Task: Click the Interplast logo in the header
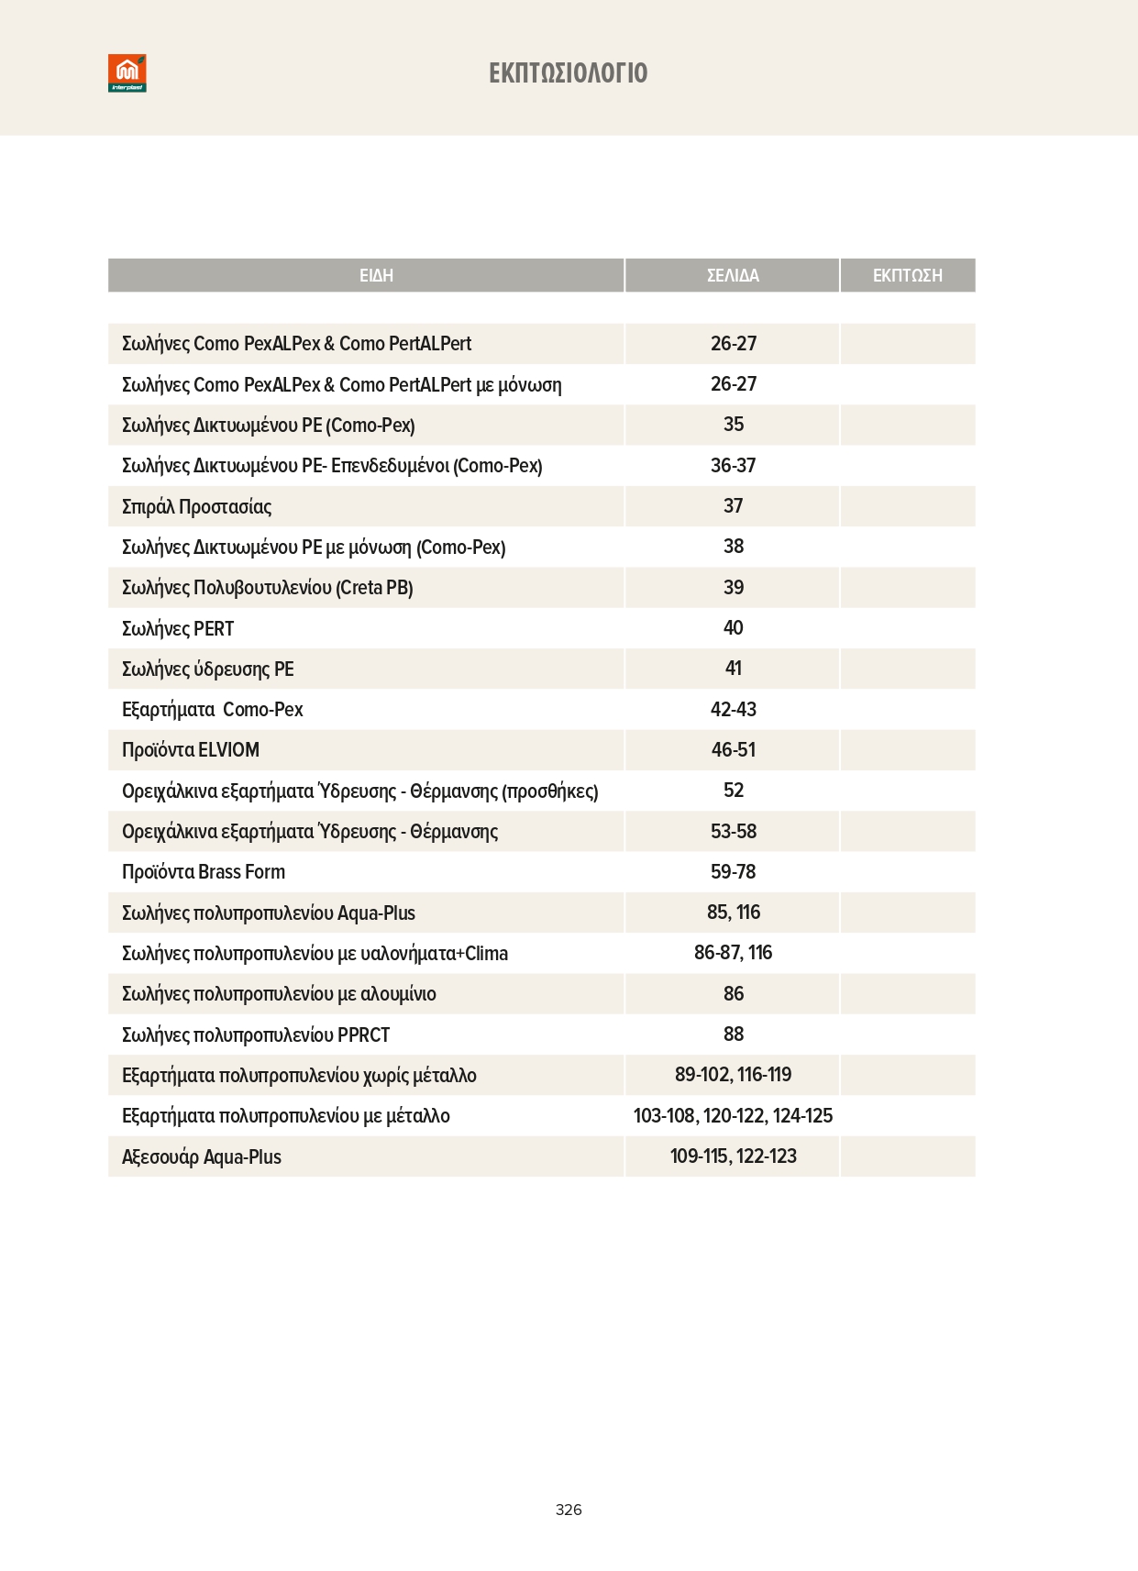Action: coord(127,73)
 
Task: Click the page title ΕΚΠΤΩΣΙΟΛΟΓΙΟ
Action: coord(569,73)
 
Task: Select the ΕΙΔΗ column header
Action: coord(376,275)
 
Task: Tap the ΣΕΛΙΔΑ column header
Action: coord(733,275)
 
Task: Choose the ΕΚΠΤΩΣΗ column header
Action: coord(907,275)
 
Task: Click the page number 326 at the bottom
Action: coord(569,1510)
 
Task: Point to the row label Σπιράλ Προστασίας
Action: coord(196,506)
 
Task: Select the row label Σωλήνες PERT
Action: coord(178,628)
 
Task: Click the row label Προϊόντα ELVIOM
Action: coord(191,750)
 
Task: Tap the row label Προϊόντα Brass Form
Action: coord(204,872)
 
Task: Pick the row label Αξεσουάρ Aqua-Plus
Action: coord(202,1156)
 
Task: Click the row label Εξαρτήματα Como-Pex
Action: coord(212,710)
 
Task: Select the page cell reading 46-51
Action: coord(734,750)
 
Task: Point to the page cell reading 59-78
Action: coord(734,872)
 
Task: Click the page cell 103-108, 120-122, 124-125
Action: coord(733,1116)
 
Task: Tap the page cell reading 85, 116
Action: coord(734,913)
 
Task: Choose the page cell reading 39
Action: coord(734,588)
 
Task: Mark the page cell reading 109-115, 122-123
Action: coord(734,1156)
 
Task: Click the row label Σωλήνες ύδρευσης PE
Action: coord(208,669)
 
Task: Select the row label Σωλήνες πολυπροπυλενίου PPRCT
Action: coord(256,1034)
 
